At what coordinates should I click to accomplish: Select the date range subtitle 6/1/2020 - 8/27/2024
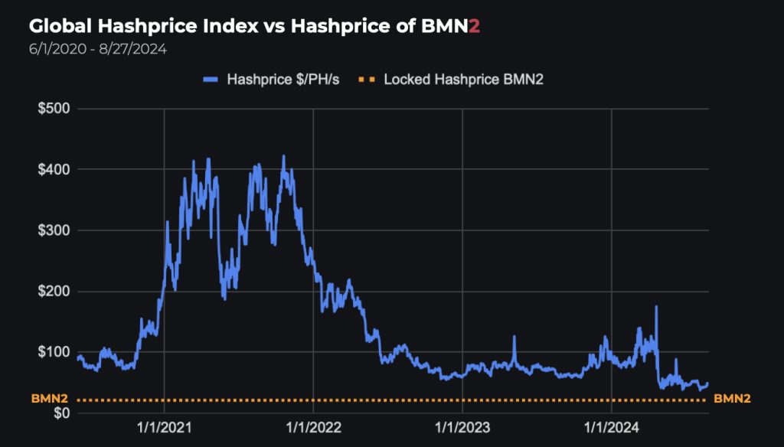click(x=98, y=49)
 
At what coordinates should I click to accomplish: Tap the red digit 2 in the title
click(x=475, y=26)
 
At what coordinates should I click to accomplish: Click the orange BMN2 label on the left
click(x=50, y=399)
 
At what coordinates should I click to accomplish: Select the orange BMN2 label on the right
click(x=732, y=399)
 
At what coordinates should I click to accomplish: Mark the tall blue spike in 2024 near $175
click(x=656, y=308)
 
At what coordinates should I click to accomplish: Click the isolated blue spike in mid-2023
click(x=514, y=338)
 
